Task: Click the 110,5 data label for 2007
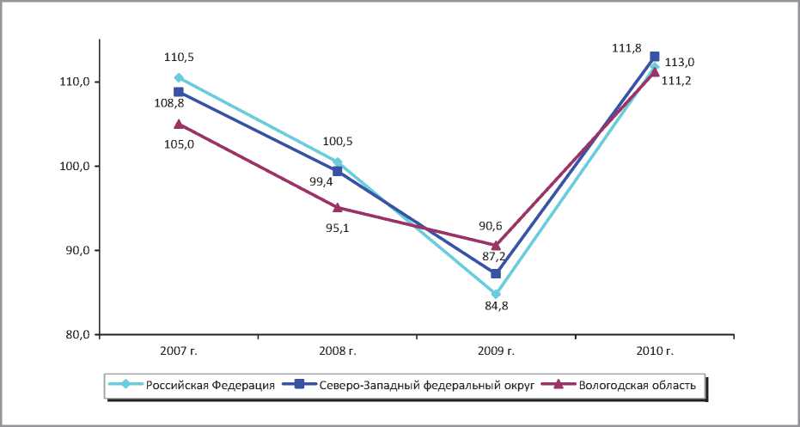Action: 179,57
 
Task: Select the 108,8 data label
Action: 168,102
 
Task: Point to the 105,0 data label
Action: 179,144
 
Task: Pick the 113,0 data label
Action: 680,62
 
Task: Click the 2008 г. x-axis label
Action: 337,351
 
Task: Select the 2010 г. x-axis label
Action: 654,351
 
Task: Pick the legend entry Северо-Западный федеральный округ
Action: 421,385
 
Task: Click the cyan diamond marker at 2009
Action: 496,294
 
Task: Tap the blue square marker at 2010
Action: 655,57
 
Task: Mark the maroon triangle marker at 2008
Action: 338,207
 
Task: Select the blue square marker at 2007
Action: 179,92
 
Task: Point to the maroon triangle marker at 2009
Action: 496,245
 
